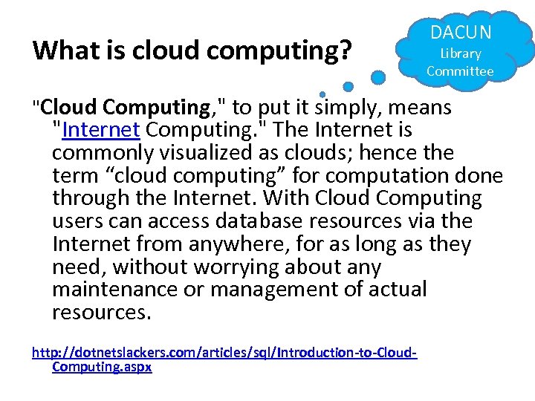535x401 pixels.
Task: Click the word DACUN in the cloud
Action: [461, 32]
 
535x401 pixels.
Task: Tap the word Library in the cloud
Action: [461, 53]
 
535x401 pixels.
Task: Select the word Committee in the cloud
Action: [460, 71]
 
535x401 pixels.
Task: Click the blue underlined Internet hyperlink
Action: [102, 130]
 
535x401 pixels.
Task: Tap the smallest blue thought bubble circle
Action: [322, 94]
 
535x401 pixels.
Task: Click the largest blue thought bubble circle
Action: [378, 76]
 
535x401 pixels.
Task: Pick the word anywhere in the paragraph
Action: [231, 244]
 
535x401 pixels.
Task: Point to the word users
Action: [77, 221]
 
